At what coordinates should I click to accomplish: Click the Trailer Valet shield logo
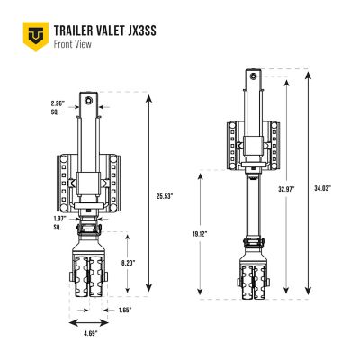pyautogui.click(x=33, y=34)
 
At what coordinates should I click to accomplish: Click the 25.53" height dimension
pyautogui.click(x=163, y=195)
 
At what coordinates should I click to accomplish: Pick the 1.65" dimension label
pyautogui.click(x=124, y=310)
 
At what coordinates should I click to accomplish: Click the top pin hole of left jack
pyautogui.click(x=91, y=96)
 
